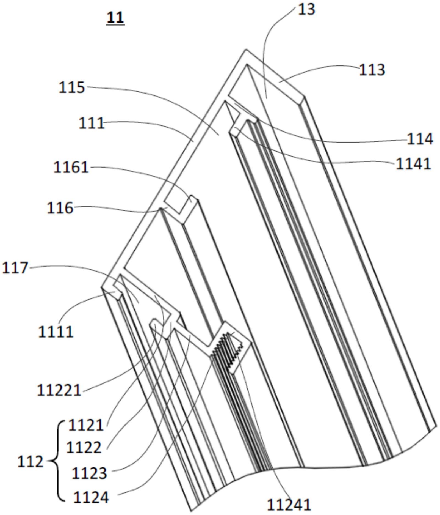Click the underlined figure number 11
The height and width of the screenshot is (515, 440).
point(115,18)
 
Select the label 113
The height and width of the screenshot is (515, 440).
point(372,70)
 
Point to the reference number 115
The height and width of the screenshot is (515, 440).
point(72,87)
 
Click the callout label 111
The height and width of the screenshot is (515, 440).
point(92,123)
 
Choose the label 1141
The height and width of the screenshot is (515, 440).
point(413,164)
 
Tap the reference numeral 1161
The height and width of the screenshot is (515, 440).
point(71,167)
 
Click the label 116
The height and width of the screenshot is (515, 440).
point(60,208)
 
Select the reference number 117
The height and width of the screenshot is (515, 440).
point(15,268)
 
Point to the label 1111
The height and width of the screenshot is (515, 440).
point(56,332)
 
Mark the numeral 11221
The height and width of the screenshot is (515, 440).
point(59,390)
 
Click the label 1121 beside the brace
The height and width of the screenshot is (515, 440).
point(86,426)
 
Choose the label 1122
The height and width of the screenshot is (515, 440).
point(84,448)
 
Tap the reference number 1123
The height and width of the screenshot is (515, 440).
point(89,473)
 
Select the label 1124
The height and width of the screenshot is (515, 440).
point(91,497)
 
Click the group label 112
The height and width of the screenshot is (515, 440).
point(30,462)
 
